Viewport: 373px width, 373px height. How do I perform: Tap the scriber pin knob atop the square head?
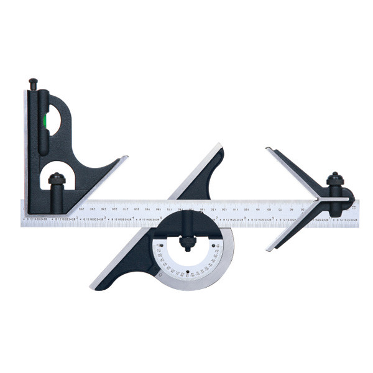click(x=32, y=81)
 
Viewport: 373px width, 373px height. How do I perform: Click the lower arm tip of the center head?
click(x=269, y=250)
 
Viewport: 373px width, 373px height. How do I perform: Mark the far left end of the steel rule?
click(x=22, y=212)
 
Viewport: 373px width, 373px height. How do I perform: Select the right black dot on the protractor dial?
click(x=214, y=245)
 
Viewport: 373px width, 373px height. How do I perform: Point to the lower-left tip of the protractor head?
click(x=93, y=288)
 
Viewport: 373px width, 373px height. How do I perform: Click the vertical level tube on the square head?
click(x=44, y=121)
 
